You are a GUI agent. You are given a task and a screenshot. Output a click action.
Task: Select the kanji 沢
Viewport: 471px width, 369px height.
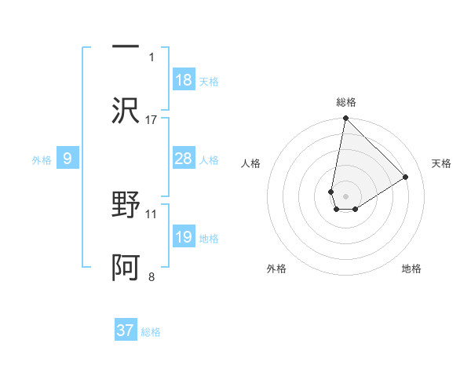pos(126,110)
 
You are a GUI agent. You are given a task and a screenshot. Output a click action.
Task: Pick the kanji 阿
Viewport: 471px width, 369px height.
pos(126,267)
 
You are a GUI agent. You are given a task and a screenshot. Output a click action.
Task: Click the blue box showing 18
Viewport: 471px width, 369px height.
pos(184,80)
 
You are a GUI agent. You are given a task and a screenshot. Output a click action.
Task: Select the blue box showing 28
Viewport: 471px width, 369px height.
pos(184,159)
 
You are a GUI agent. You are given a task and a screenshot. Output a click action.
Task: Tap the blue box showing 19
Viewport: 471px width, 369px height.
pos(184,237)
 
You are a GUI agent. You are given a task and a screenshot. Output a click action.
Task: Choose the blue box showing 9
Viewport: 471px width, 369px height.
pos(68,159)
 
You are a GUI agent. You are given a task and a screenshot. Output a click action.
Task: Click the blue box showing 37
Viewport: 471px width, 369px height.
pos(126,331)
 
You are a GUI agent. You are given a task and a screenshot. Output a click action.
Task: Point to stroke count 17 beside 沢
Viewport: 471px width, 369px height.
pos(152,119)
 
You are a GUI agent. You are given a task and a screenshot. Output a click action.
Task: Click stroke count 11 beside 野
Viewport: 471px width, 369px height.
pos(152,213)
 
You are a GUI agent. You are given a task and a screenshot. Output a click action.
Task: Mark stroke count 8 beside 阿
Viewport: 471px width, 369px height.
pos(152,276)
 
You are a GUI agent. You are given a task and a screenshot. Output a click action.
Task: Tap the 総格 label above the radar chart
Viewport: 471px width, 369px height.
pos(346,102)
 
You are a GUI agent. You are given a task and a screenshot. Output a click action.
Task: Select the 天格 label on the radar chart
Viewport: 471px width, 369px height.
pos(442,163)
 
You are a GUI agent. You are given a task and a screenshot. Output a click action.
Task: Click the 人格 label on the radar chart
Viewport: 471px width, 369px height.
pos(250,163)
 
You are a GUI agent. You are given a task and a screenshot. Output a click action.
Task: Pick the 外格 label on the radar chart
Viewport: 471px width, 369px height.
pos(276,269)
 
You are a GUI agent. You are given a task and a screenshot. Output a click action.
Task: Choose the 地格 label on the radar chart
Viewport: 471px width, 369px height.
pos(411,269)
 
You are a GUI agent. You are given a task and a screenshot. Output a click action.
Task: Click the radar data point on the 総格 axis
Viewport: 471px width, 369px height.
pos(345,119)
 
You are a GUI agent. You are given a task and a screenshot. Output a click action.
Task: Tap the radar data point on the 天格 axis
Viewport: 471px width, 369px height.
pos(406,177)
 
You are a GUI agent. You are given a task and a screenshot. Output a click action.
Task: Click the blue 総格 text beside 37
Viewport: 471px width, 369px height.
pos(152,332)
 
